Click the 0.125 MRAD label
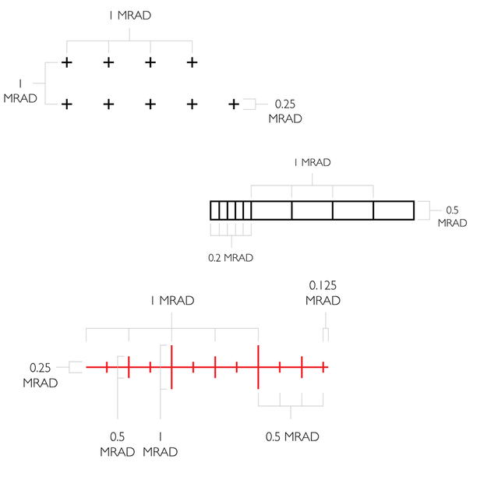point(323,293)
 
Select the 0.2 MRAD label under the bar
point(231,258)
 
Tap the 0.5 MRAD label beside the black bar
point(452,217)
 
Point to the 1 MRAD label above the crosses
point(130,16)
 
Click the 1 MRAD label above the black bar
point(313,163)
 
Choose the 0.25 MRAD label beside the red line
point(40,375)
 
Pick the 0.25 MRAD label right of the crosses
point(285,111)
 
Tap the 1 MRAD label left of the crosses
point(20,91)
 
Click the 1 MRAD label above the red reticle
point(172,301)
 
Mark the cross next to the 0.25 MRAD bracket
point(234,104)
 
